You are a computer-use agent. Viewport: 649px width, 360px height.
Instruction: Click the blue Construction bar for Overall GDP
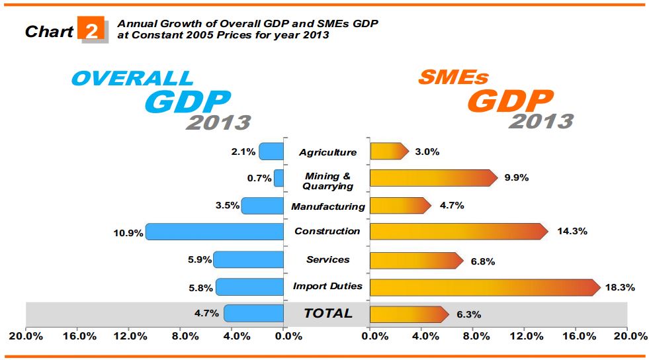[x=215, y=232]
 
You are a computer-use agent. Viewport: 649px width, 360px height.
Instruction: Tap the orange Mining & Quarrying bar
[x=433, y=178]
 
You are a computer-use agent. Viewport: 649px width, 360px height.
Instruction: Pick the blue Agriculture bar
[x=271, y=152]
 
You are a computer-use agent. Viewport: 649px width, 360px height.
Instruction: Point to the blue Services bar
[x=249, y=259]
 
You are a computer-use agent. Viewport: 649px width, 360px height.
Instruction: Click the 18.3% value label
[x=620, y=288]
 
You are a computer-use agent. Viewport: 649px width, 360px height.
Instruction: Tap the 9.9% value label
[x=517, y=178]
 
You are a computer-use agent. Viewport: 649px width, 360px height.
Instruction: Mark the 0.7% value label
[x=259, y=178]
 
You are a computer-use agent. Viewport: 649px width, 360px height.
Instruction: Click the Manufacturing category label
[x=327, y=206]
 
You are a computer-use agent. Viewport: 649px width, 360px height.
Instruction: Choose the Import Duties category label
[x=327, y=286]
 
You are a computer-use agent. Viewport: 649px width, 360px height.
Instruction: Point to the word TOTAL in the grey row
[x=327, y=314]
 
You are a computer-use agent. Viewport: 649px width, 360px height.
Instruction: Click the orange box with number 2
[x=92, y=30]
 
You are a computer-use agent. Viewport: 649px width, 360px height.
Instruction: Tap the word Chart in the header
[x=49, y=31]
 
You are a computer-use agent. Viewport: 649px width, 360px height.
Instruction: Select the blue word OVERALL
[x=132, y=78]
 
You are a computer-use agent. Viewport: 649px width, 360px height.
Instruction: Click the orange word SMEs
[x=453, y=78]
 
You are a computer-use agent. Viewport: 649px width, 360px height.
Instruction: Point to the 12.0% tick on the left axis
[x=131, y=337]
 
